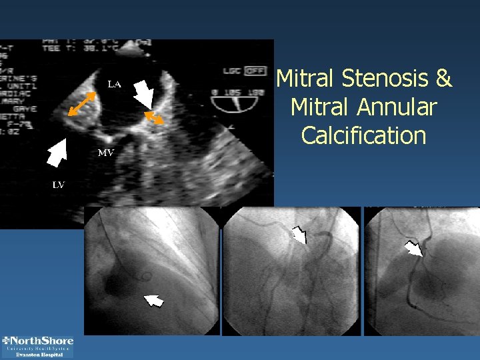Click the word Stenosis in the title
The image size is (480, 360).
387,79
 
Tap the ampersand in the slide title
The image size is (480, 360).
443,79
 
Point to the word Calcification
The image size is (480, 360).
363,135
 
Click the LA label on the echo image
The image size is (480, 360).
115,84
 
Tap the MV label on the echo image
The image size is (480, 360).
106,153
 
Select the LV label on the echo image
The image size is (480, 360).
59,185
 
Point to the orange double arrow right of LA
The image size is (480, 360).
155,118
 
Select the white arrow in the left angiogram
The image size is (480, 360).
154,301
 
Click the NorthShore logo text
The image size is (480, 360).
38,341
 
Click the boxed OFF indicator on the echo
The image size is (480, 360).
253,69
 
